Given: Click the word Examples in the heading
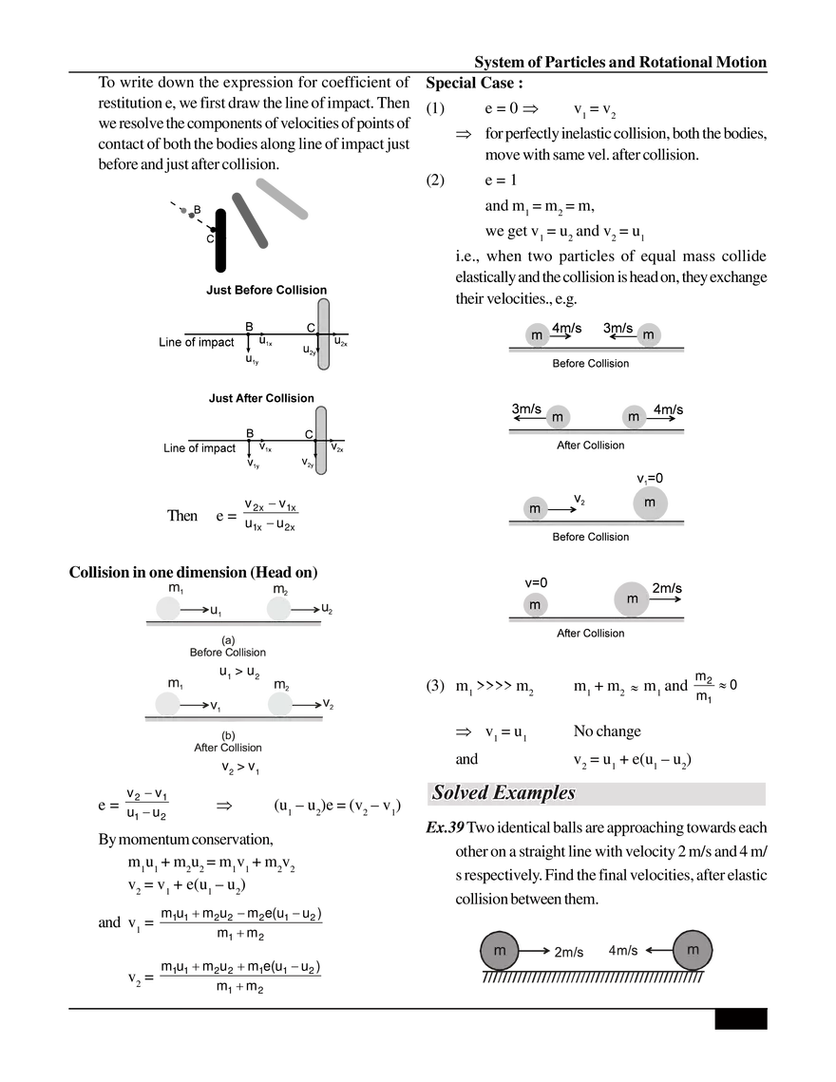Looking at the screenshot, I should [533, 792].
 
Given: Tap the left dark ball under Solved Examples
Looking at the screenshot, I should [499, 950].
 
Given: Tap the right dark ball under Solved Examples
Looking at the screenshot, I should [693, 950].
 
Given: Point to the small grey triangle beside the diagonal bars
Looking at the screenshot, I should [186, 214].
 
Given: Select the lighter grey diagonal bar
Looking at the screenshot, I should [281, 200].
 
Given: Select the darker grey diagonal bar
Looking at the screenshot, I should [250, 222].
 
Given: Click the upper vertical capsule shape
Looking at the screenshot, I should [324, 333].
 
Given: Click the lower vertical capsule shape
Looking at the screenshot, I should [324, 441].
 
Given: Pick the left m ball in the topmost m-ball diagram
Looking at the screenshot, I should [537, 334].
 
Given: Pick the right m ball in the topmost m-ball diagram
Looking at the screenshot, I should [650, 334].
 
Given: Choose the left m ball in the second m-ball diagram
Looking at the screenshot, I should [559, 416].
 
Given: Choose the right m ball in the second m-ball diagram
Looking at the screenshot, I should [632, 416].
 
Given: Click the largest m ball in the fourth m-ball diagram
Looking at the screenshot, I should [631, 598].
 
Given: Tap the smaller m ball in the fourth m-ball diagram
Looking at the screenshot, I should [535, 604].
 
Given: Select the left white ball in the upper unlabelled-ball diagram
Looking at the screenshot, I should [168, 606].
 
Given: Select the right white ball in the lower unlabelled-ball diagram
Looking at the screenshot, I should [278, 703].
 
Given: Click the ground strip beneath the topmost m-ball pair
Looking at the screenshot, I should [596, 351].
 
